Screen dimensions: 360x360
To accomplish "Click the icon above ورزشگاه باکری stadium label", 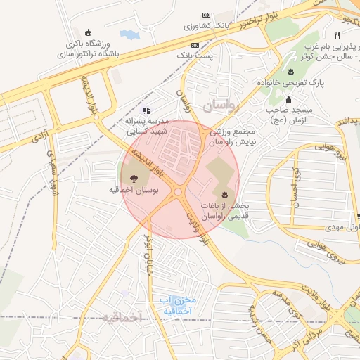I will pos(87,32).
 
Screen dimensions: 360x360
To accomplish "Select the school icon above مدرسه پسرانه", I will pos(146,110).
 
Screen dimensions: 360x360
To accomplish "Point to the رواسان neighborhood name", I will pos(223,105).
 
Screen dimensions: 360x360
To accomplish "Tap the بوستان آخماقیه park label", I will pos(134,190).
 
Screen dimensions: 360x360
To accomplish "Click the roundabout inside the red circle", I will pos(178,191).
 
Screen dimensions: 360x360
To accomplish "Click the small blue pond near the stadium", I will pos(129,34).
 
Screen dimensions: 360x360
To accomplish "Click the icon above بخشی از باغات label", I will pos(224,194).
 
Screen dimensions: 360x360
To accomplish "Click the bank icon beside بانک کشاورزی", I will pos(206,15).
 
